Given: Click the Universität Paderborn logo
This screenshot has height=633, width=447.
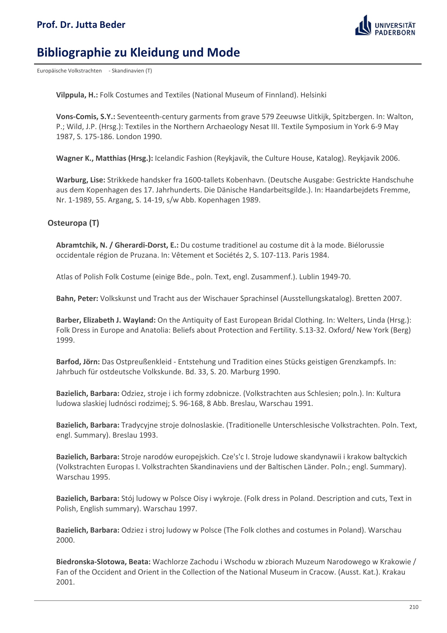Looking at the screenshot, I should click(385, 26).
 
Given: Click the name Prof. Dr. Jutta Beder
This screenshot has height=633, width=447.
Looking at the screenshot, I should click(81, 25).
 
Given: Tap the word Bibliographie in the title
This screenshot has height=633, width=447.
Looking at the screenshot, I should click(74, 53).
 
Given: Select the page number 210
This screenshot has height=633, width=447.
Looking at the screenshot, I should click(414, 607).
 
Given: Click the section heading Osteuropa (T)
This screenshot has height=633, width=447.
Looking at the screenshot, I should click(73, 223).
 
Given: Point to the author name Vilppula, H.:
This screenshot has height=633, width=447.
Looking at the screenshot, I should click(77, 95).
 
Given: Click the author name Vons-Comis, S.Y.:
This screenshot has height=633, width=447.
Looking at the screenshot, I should click(85, 117).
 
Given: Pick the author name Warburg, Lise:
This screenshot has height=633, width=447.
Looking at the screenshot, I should click(80, 180).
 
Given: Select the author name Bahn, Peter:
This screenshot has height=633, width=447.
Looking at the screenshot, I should click(77, 298).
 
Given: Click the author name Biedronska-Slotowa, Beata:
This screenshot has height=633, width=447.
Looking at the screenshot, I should click(103, 562).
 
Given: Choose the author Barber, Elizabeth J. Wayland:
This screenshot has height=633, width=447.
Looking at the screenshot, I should click(106, 320).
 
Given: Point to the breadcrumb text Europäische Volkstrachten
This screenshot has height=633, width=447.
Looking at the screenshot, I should click(69, 71).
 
